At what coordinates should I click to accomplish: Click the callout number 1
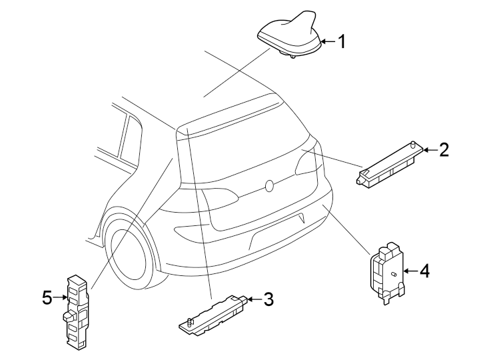click(x=341, y=42)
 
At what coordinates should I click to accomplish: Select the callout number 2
click(x=444, y=150)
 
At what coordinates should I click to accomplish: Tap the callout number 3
click(x=268, y=300)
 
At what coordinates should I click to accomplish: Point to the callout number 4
click(x=425, y=271)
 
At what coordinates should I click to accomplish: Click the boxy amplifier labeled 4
click(x=387, y=270)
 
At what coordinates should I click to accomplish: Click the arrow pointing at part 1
click(x=326, y=42)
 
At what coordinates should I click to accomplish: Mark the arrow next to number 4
click(x=410, y=271)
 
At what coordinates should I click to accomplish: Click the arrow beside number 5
click(x=61, y=299)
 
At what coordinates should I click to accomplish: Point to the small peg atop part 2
click(x=413, y=144)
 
